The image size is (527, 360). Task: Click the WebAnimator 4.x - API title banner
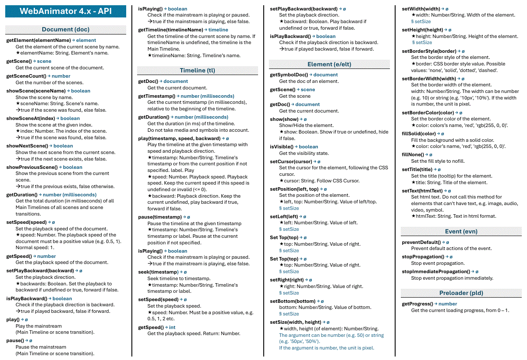pyautogui.click(x=65, y=11)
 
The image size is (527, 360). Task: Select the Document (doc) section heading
pyautogui.click(x=65, y=30)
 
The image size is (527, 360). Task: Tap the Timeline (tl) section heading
pyautogui.click(x=197, y=70)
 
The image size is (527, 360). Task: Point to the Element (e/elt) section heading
pyautogui.click(x=329, y=64)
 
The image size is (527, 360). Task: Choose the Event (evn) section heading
pyautogui.click(x=461, y=231)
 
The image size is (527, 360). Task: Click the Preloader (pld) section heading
pyautogui.click(x=461, y=293)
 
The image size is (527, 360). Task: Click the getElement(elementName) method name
pyautogui.click(x=38, y=40)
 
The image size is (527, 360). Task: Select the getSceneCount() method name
pyautogui.click(x=26, y=76)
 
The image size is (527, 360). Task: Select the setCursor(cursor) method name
pyautogui.click(x=291, y=161)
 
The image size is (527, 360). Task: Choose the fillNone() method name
pyautogui.click(x=413, y=154)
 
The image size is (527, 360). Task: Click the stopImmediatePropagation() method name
pyautogui.click(x=436, y=271)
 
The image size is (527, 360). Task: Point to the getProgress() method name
pyautogui.click(x=417, y=304)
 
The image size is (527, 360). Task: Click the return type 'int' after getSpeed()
pyautogui.click(x=172, y=327)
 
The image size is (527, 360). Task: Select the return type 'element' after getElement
pyautogui.click(x=86, y=40)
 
